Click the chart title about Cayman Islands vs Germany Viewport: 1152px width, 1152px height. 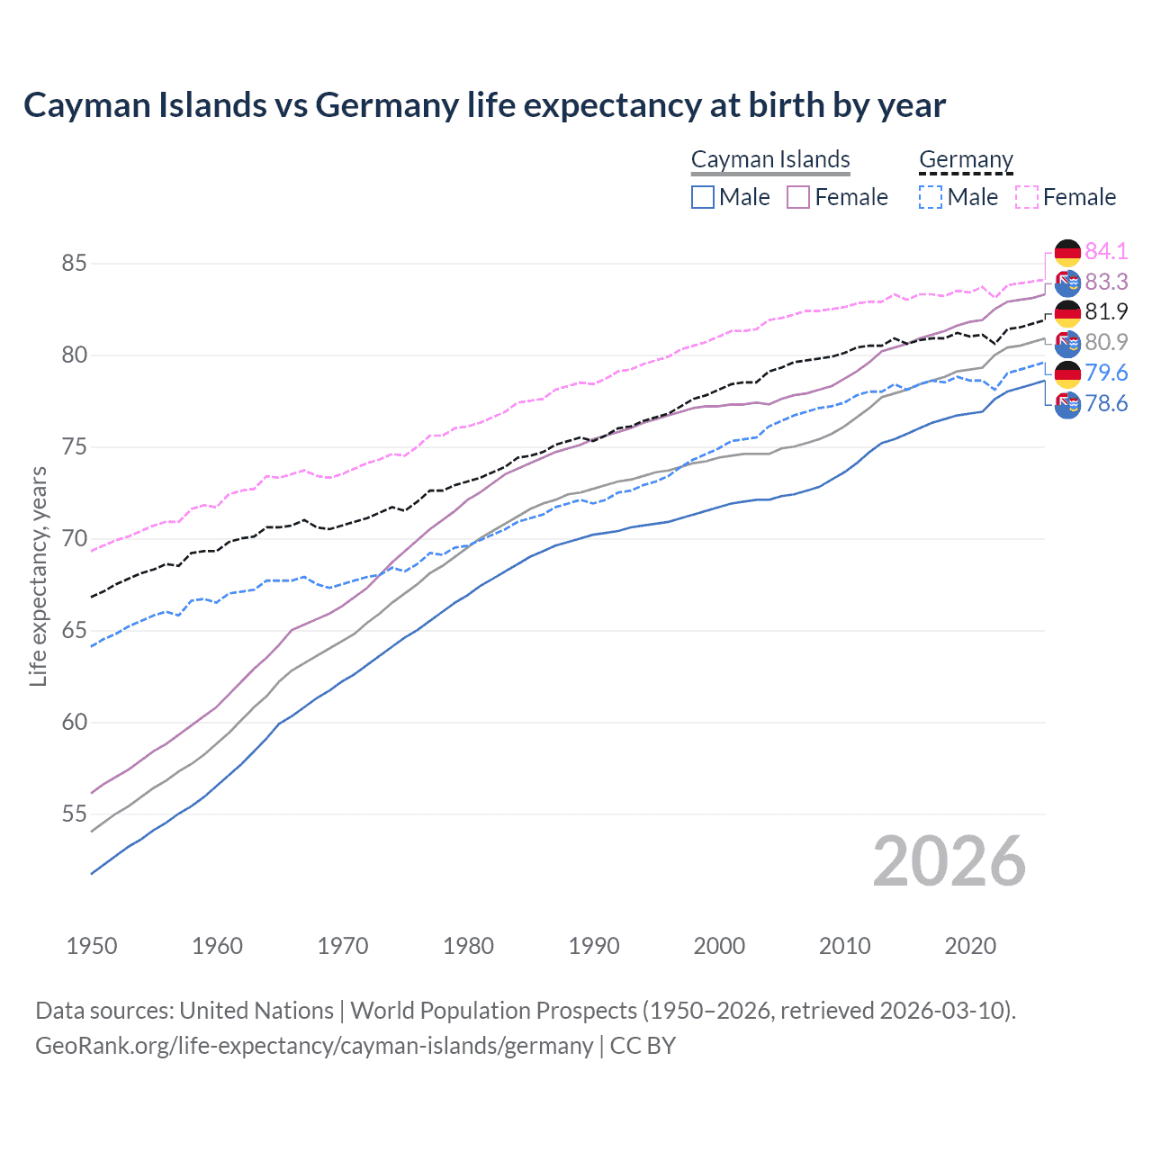[484, 105]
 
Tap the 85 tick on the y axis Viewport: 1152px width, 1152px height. [75, 264]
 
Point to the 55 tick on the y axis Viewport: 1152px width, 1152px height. [75, 814]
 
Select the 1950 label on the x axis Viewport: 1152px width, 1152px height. [92, 946]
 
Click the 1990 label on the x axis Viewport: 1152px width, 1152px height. [594, 946]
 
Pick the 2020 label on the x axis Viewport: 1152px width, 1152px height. [970, 946]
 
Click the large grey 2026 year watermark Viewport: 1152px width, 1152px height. [949, 861]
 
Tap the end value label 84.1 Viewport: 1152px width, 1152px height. [1106, 251]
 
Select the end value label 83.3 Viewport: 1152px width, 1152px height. [1106, 282]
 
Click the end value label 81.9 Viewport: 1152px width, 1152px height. [1106, 311]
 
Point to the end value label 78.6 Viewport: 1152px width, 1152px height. [1106, 403]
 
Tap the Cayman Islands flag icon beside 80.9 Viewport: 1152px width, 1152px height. [1067, 343]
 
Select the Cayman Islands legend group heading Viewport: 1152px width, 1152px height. [770, 159]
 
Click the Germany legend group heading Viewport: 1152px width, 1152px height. [966, 159]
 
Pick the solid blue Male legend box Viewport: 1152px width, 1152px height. [703, 197]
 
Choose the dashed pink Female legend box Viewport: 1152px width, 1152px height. [1027, 197]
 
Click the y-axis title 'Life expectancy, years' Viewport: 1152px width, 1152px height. [38, 576]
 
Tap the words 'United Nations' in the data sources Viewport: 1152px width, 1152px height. [256, 1011]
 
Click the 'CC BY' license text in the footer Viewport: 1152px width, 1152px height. [643, 1046]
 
